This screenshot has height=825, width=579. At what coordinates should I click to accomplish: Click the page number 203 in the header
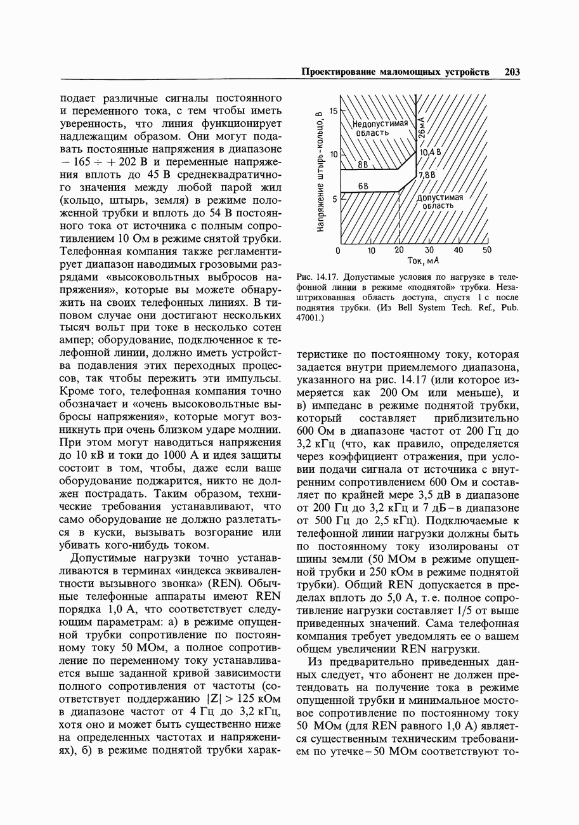(x=512, y=72)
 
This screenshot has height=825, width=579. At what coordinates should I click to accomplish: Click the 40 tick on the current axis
(x=458, y=251)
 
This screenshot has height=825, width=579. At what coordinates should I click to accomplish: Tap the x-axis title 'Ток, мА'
(x=424, y=261)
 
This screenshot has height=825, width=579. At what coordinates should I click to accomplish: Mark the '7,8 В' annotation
(x=426, y=174)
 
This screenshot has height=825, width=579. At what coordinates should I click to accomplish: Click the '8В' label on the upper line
(x=364, y=164)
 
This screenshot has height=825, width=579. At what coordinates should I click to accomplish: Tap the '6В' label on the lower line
(x=364, y=186)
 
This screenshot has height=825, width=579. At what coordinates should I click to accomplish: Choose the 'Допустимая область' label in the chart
(x=439, y=201)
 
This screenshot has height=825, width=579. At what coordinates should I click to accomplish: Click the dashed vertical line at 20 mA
(x=400, y=216)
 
